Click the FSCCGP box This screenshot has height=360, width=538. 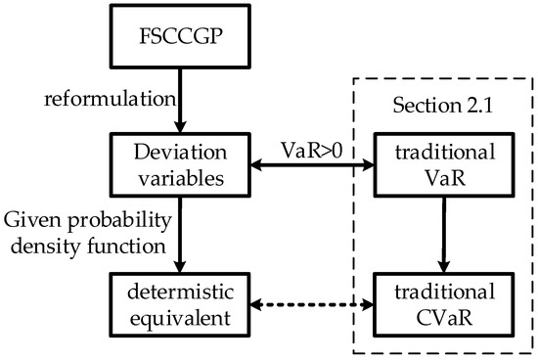180,42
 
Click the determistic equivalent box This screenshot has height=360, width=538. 180,307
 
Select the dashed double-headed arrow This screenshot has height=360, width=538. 310,306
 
